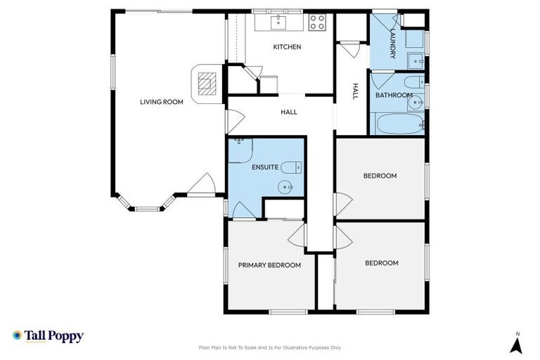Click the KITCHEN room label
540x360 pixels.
point(287,47)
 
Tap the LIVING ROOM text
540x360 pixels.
point(161,102)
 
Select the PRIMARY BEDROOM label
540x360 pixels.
point(269,265)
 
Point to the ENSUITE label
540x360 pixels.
point(265,167)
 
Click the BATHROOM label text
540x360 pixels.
point(393,95)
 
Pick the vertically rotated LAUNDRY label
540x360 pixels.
point(393,41)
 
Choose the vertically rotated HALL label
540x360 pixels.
point(355,92)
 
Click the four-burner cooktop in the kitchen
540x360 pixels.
point(317,22)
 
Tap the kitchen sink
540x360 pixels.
point(279,22)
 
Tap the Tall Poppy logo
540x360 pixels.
point(48,336)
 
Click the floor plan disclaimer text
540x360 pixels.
point(270,347)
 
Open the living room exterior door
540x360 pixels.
point(202,186)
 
